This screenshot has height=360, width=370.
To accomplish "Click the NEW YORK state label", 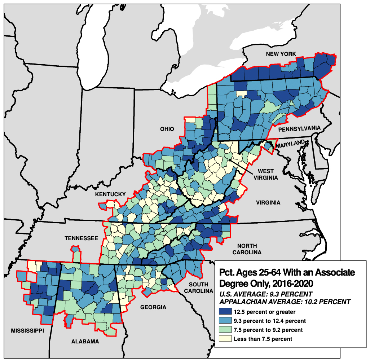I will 281,54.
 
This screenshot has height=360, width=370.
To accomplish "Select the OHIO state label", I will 167,129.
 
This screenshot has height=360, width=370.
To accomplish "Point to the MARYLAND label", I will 291,144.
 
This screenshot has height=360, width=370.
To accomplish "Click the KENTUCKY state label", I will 110,194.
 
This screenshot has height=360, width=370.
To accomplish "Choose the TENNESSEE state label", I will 81,238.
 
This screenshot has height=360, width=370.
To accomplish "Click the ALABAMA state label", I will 85,342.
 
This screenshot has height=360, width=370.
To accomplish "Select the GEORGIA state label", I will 154,307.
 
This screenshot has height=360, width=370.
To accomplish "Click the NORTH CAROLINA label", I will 247,249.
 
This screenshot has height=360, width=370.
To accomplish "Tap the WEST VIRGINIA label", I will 265,174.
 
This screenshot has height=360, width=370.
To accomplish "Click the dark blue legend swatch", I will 225,312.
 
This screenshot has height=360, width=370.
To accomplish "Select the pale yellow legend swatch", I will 225,339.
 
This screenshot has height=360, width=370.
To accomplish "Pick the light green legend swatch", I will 225,330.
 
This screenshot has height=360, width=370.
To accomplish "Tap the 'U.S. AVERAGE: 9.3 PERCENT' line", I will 265,294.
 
